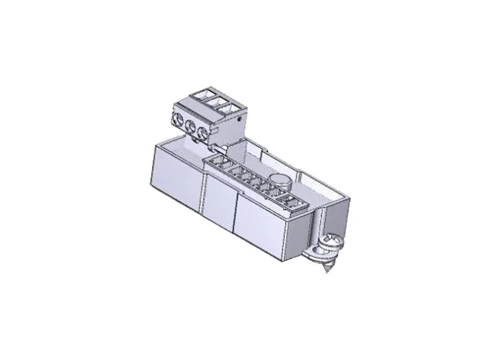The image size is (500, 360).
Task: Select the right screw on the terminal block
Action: [x=206, y=133]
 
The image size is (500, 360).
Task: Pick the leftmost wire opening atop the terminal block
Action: [x=202, y=94]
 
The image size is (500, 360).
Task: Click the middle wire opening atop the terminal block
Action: [x=215, y=101]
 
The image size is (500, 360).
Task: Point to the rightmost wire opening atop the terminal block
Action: [x=229, y=108]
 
